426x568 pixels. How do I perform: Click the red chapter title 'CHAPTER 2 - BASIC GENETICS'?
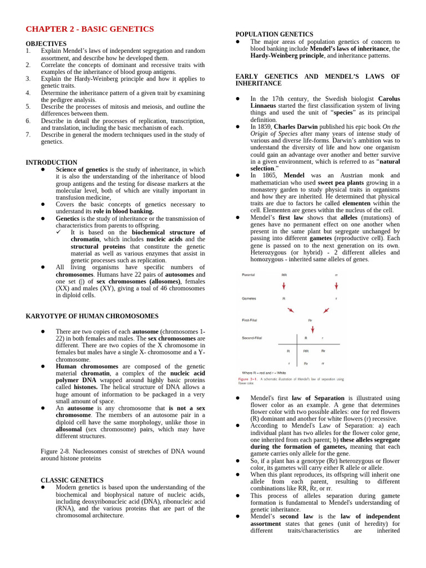click(x=90, y=29)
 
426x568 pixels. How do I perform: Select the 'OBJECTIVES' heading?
click(x=46, y=44)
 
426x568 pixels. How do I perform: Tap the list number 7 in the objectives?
click(x=28, y=134)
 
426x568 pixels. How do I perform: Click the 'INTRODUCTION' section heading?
click(x=52, y=163)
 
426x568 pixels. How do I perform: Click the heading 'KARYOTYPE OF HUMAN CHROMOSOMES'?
click(x=92, y=316)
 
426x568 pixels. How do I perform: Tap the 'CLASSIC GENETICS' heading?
click(x=72, y=480)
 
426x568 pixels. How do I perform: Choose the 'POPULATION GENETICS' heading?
click(x=274, y=34)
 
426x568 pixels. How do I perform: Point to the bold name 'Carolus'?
click(x=388, y=99)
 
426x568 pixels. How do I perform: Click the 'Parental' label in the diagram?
click(x=248, y=275)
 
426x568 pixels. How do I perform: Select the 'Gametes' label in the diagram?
click(x=249, y=298)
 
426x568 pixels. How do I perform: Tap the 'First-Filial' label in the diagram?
click(x=250, y=320)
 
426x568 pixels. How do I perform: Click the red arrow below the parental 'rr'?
click(x=336, y=286)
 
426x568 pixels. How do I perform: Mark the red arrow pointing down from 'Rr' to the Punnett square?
click(x=312, y=329)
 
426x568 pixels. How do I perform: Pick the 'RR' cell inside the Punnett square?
click(x=306, y=351)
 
